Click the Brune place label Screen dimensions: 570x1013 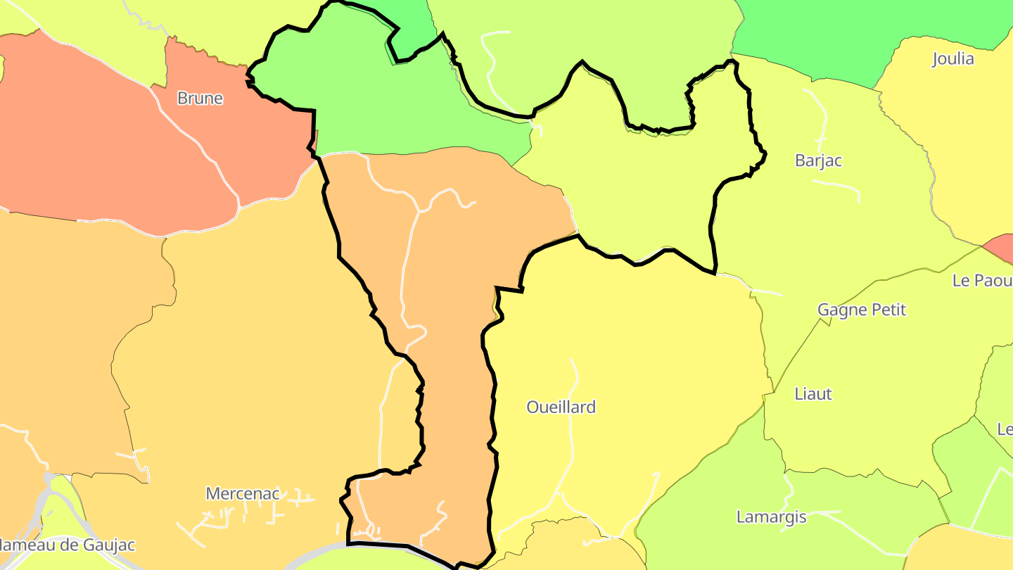(200, 99)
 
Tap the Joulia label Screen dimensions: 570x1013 (953, 58)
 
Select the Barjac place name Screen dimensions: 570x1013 (818, 160)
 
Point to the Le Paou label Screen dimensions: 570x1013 (982, 280)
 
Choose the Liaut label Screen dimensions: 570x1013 (813, 393)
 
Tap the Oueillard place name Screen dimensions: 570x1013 (561, 407)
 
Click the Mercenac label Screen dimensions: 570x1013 (243, 493)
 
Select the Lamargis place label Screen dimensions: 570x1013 (771, 517)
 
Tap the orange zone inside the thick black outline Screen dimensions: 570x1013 (450, 281)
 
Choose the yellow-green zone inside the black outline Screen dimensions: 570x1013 (633, 190)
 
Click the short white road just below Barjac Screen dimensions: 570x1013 (837, 187)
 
